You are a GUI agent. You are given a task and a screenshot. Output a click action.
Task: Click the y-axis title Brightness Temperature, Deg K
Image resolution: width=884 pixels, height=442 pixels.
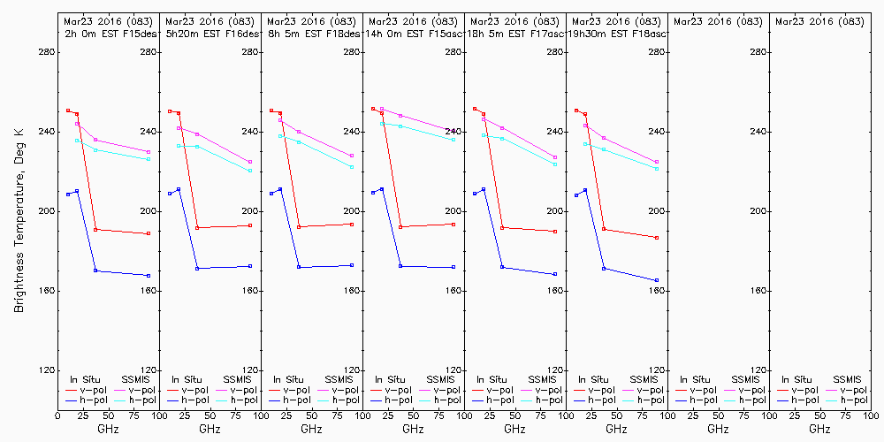[x=18, y=220]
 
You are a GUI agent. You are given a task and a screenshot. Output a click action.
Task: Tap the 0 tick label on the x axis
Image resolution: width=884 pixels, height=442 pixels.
[x=57, y=415]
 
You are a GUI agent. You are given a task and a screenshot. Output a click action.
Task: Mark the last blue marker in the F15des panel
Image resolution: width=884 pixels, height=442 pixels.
[x=149, y=276]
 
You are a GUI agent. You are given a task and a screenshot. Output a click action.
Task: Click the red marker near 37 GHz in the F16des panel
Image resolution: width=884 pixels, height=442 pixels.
[x=197, y=228]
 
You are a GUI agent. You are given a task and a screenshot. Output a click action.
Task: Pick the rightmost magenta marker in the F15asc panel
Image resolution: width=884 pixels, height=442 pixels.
[x=453, y=130]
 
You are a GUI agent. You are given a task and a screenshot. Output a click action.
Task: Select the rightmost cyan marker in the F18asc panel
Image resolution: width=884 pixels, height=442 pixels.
[x=657, y=169]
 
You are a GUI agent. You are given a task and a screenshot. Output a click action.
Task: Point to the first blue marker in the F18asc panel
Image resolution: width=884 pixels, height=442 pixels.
[x=576, y=195]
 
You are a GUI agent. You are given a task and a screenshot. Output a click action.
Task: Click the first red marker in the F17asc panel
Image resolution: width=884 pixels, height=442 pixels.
[x=475, y=109]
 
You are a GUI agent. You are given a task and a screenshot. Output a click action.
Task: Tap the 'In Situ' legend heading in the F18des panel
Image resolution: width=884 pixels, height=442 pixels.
[x=288, y=379]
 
